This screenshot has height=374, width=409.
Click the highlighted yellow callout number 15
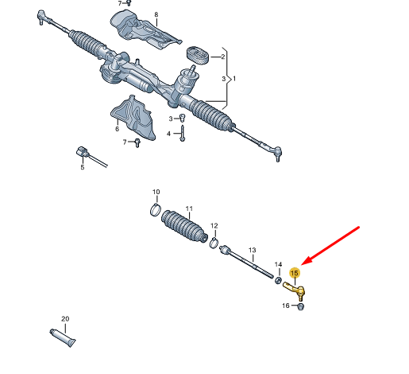click(x=295, y=273)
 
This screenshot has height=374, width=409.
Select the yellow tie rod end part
click(x=295, y=290)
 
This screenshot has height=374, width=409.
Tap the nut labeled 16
click(x=300, y=306)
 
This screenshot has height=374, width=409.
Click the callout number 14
click(x=278, y=264)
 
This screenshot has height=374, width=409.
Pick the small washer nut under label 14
click(x=278, y=280)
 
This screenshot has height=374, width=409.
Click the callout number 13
click(x=253, y=250)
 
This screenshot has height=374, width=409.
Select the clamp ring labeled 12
click(x=214, y=243)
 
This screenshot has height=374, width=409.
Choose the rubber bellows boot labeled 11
click(x=184, y=226)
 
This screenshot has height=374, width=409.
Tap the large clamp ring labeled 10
click(x=156, y=209)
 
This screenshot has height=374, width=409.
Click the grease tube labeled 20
click(x=63, y=337)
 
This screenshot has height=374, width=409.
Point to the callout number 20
click(x=65, y=318)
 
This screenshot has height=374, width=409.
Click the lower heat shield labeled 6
click(x=133, y=118)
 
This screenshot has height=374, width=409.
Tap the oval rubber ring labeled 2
click(x=198, y=55)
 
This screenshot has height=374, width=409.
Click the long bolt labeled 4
click(x=183, y=133)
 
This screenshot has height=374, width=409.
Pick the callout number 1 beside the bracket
click(x=234, y=79)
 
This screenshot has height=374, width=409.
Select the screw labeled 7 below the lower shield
click(x=137, y=142)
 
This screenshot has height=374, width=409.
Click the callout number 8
click(x=156, y=14)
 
